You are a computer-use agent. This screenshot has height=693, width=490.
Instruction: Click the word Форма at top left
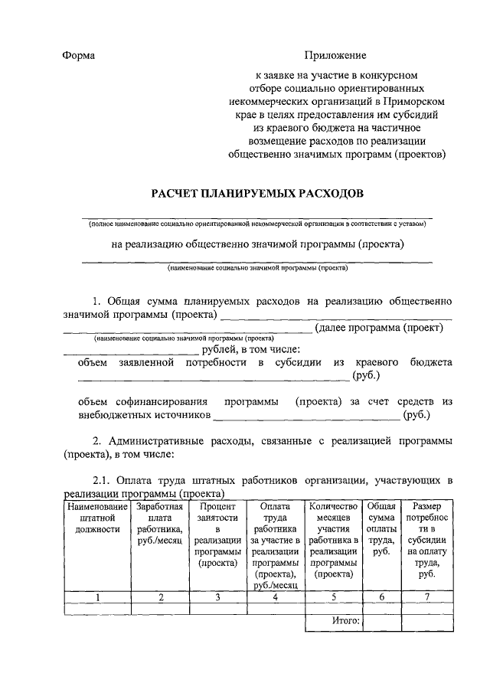(79, 55)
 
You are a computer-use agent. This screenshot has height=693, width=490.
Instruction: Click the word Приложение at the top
(335, 55)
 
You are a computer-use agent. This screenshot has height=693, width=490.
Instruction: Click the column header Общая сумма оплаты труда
(381, 528)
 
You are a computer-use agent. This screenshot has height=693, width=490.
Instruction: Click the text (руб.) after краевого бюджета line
(365, 375)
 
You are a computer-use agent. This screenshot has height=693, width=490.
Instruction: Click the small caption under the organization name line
(256, 224)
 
